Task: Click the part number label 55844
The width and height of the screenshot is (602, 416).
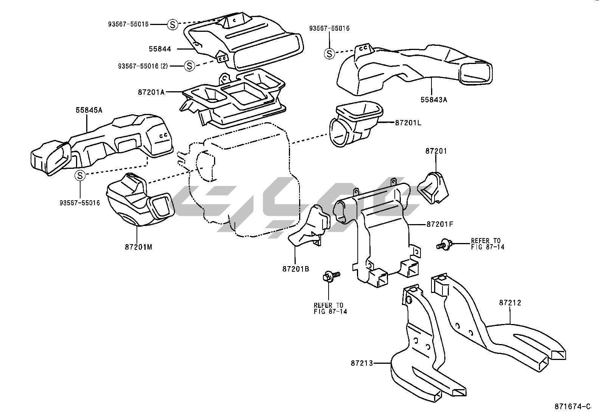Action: [160, 49]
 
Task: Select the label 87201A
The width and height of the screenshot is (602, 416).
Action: [151, 92]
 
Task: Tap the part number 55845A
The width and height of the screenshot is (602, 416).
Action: [89, 111]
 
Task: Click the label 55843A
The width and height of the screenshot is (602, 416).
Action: [434, 100]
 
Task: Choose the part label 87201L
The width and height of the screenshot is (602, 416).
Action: [408, 123]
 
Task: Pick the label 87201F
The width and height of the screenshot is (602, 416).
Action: [440, 224]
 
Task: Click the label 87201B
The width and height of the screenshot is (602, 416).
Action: [295, 269]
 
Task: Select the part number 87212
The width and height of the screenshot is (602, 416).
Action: [510, 303]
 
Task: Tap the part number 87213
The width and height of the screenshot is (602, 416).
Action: [362, 363]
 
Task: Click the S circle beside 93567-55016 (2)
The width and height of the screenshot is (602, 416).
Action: [189, 66]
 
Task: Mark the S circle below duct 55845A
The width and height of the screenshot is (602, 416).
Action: [80, 176]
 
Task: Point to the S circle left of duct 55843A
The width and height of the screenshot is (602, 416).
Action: [329, 54]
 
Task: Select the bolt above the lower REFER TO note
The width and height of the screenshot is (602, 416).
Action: [328, 276]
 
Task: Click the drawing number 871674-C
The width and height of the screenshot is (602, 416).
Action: [572, 407]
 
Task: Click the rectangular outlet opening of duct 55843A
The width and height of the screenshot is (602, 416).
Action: [476, 73]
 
